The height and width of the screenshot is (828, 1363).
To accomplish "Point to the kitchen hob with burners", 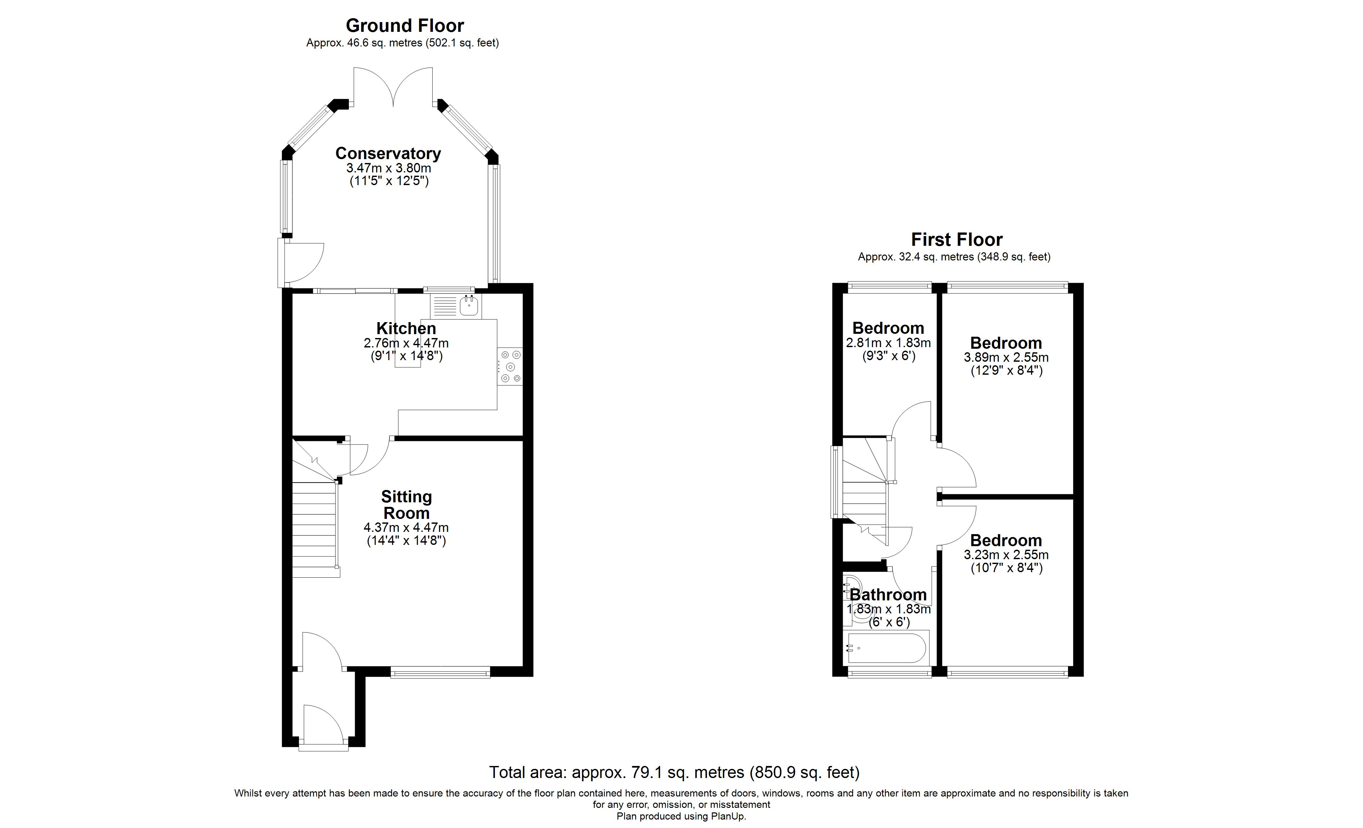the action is pos(510,366).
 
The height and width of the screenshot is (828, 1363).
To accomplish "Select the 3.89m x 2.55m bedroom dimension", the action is pos(1006,358).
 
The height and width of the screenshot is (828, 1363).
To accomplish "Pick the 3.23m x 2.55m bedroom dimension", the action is pos(1006,555).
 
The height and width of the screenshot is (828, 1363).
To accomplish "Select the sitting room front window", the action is pos(440,672).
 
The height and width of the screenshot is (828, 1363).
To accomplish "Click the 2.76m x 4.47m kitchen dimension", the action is pos(406,343).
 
